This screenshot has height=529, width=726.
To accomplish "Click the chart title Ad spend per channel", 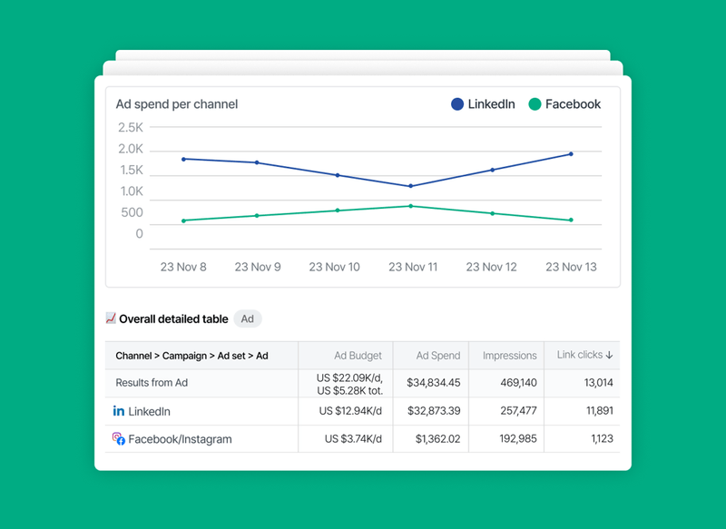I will (176, 104).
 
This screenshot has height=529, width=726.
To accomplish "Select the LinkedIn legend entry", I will (483, 104).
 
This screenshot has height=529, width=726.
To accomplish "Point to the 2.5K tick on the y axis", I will (131, 127).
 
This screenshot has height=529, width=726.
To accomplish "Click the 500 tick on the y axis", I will (132, 212).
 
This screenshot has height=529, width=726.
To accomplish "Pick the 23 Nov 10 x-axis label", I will (334, 267).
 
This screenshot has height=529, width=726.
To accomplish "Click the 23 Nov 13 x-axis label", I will (571, 267).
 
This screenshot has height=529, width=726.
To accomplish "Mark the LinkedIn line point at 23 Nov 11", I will (411, 186).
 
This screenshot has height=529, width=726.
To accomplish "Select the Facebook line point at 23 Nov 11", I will (411, 206).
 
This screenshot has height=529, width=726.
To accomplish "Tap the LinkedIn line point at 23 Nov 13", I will (571, 153).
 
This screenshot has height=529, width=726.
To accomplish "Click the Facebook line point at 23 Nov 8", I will (183, 220).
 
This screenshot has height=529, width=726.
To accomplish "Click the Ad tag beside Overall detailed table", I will (247, 319).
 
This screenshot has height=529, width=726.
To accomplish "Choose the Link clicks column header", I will (584, 356).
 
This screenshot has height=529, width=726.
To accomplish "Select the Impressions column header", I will (509, 356).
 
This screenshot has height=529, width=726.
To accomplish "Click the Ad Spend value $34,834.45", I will (434, 383).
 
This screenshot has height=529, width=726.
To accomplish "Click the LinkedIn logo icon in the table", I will (118, 411).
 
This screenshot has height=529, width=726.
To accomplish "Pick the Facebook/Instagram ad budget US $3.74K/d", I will (353, 439).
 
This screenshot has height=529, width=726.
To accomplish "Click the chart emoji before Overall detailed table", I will (111, 318).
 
